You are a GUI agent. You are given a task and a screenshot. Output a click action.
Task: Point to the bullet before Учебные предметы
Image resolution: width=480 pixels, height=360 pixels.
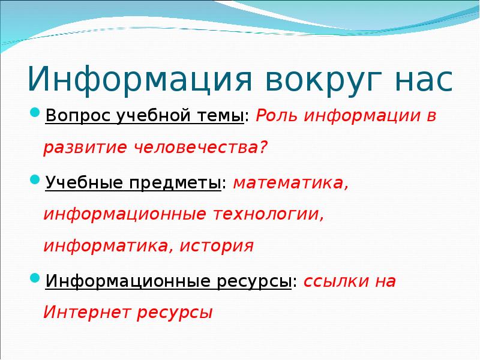coord(35,181)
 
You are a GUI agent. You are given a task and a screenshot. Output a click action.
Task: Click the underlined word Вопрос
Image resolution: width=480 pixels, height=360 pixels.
coord(74,116)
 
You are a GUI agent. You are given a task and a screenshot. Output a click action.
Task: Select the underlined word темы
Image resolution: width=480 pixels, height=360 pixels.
coord(219,116)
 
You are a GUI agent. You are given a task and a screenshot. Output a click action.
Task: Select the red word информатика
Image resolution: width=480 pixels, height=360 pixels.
coord(106,247)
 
